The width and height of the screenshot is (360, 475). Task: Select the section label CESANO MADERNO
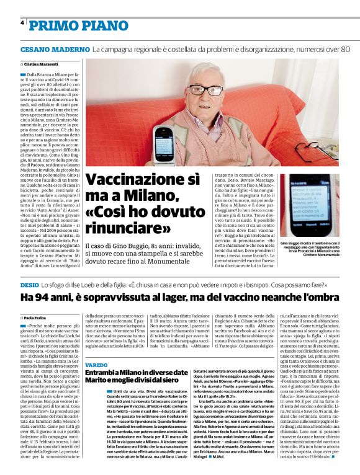(55, 48)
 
